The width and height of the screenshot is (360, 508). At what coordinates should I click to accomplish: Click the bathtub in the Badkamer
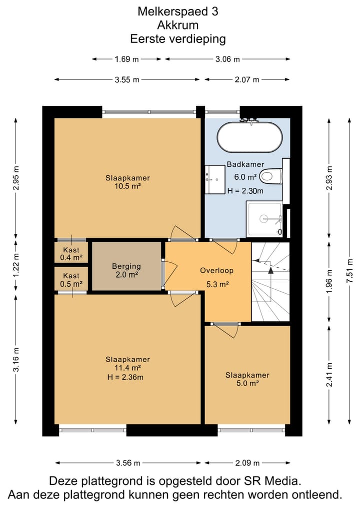(249, 137)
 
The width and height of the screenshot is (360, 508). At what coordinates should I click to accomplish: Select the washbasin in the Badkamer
(214, 179)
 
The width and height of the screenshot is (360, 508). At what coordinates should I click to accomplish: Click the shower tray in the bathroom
(264, 219)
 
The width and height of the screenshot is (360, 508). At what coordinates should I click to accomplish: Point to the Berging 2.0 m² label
(126, 271)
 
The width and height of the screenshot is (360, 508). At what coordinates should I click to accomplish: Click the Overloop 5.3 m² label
(217, 277)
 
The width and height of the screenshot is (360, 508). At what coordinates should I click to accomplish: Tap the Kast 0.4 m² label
(71, 254)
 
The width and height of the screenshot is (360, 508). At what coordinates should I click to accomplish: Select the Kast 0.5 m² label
(71, 280)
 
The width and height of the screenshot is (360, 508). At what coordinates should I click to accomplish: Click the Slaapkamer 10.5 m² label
(128, 182)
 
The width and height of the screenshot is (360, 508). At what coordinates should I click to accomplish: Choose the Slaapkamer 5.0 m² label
(247, 379)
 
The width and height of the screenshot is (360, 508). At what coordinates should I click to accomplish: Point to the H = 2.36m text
(125, 377)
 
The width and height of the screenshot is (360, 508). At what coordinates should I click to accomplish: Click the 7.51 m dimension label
(349, 271)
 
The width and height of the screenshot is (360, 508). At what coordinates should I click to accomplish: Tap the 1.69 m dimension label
(126, 59)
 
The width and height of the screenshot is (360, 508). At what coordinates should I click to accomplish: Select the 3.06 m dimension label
(227, 59)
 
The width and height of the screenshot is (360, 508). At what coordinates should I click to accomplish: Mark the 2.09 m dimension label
(247, 463)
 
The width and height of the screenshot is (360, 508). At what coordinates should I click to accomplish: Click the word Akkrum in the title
(177, 25)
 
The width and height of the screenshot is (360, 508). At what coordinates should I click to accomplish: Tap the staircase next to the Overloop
(270, 282)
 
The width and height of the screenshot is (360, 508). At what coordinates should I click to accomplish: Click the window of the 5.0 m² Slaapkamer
(251, 430)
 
